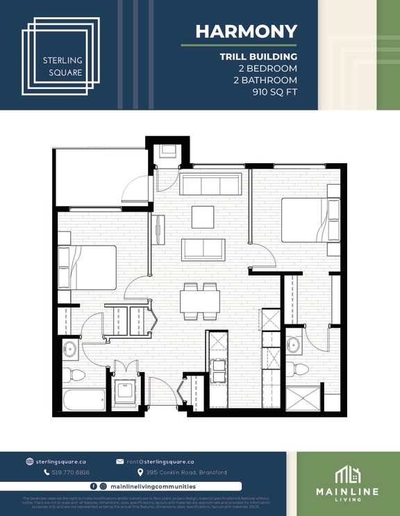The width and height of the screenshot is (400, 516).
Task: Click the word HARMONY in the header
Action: (246, 31)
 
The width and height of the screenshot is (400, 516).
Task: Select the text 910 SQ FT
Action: (274, 92)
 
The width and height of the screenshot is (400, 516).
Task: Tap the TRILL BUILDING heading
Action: (258, 56)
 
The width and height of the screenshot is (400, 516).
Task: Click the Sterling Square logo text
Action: (62, 66)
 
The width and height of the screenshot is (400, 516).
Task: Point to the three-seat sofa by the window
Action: (210, 184)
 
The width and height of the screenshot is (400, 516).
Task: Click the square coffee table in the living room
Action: (203, 217)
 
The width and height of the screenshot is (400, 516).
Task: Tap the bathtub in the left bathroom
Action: (84, 399)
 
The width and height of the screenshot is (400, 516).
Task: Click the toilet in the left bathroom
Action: (74, 376)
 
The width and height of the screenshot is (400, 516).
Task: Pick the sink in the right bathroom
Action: (294, 344)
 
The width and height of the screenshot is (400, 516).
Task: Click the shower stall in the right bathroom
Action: (303, 399)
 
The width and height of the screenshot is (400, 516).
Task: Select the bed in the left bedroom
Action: (87, 267)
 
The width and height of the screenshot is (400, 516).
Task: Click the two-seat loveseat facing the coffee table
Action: (203, 249)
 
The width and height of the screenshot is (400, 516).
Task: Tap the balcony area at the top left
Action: (101, 176)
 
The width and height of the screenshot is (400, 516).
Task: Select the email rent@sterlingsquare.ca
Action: (160, 461)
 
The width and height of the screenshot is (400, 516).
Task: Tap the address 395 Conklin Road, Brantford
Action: (186, 472)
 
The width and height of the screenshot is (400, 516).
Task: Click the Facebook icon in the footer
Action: (94, 487)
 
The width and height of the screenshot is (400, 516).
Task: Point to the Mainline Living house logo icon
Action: (347, 475)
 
